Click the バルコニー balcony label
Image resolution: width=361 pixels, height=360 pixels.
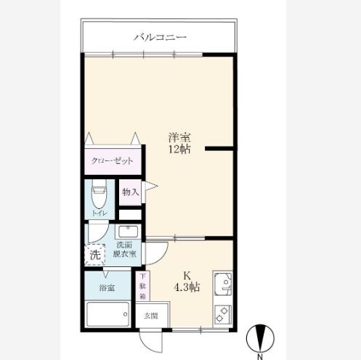[161, 38]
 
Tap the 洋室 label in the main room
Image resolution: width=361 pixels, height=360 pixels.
[179, 138]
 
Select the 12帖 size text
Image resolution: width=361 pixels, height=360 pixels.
[179, 150]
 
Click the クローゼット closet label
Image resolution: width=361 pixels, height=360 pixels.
[112, 161]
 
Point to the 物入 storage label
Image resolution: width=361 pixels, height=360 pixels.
[130, 192]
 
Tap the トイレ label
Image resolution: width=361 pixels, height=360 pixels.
[100, 213]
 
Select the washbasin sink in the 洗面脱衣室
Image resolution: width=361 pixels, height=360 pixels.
[128, 232]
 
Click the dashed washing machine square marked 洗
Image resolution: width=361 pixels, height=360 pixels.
[95, 254]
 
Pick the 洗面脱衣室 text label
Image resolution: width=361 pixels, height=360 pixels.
[124, 249]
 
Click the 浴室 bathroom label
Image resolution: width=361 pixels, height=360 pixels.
[107, 288]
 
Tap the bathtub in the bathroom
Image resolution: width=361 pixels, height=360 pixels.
[108, 314]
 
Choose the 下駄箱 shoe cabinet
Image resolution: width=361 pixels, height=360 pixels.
[142, 286]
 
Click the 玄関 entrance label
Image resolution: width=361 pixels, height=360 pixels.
[151, 316]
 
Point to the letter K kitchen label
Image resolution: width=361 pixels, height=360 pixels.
[187, 276]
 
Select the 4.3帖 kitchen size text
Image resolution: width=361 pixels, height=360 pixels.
[187, 287]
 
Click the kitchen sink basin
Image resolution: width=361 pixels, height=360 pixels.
[223, 285]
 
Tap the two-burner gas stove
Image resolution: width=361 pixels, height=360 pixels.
[223, 314]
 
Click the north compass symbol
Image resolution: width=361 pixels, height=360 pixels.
[260, 339]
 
